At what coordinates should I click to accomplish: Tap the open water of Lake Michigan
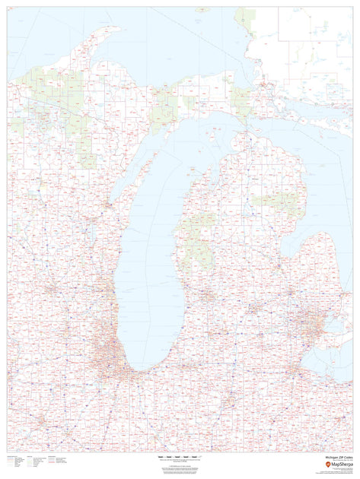tap(152, 251)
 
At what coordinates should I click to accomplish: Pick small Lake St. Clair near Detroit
tap(327, 324)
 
